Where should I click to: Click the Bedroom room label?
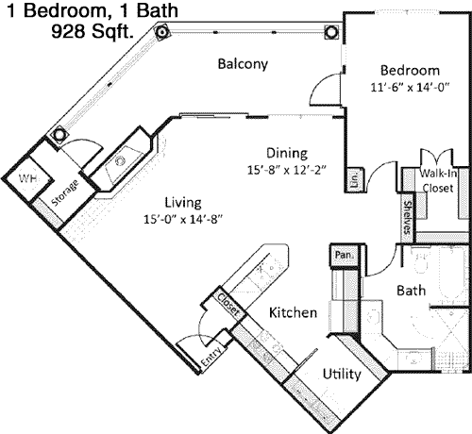tap(410, 70)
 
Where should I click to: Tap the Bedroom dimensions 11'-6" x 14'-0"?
tap(410, 87)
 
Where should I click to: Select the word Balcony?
tap(243, 64)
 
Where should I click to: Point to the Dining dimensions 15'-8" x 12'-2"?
tap(286, 170)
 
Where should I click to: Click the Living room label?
tap(183, 203)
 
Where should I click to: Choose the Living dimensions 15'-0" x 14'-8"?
tap(183, 219)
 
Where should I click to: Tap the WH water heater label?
tap(27, 178)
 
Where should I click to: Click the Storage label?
tap(64, 192)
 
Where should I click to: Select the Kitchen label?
tap(293, 312)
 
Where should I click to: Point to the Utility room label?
tap(342, 375)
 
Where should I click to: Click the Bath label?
tap(412, 291)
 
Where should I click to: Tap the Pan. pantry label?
tap(344, 255)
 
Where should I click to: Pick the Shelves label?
tap(408, 218)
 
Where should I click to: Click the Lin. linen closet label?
tap(355, 180)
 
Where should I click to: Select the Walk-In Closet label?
tap(438, 180)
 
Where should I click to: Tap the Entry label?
tap(212, 357)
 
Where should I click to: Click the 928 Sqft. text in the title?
tap(92, 31)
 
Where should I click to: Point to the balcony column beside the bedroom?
tap(331, 32)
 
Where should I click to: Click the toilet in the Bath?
tap(421, 262)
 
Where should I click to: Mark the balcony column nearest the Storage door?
tap(59, 135)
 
